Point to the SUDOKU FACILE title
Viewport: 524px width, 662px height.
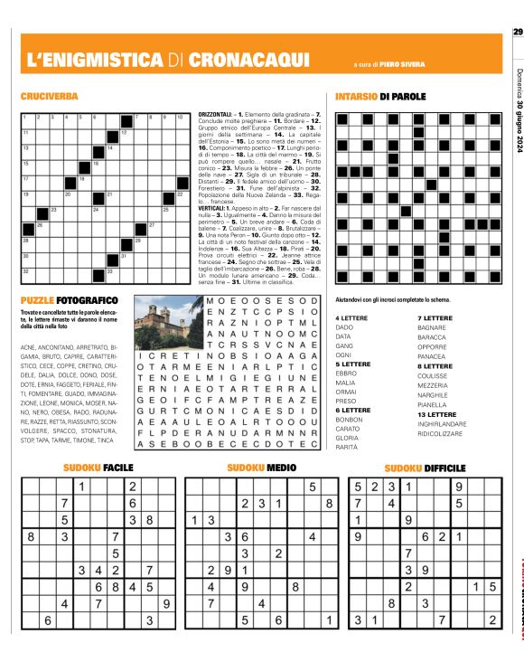99,468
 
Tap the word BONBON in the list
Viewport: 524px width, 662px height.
348,419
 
